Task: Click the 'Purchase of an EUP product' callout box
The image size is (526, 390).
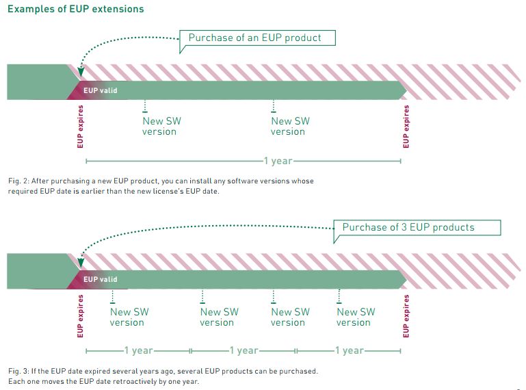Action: (258, 38)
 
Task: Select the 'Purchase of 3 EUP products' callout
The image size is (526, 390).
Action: (417, 227)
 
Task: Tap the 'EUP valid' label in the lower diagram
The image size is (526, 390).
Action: (100, 279)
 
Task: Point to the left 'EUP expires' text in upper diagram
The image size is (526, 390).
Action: (80, 127)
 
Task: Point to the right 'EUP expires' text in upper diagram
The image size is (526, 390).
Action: (406, 127)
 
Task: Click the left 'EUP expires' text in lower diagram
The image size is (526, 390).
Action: (80, 316)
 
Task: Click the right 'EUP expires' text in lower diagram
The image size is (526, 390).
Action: (406, 316)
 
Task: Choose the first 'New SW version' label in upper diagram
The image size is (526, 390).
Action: (161, 126)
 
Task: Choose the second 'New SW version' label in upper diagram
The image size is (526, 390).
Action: (290, 126)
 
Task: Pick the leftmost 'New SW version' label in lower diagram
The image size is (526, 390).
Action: (129, 317)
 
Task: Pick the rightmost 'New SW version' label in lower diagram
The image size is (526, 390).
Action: (356, 317)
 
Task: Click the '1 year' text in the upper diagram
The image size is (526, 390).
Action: (278, 161)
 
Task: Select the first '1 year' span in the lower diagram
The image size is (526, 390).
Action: (139, 350)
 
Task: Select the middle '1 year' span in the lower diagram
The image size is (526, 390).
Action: (244, 350)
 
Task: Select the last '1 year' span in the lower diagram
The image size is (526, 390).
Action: (349, 350)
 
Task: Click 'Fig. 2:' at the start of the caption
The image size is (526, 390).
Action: (18, 181)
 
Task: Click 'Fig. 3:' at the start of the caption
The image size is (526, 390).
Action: (18, 371)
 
